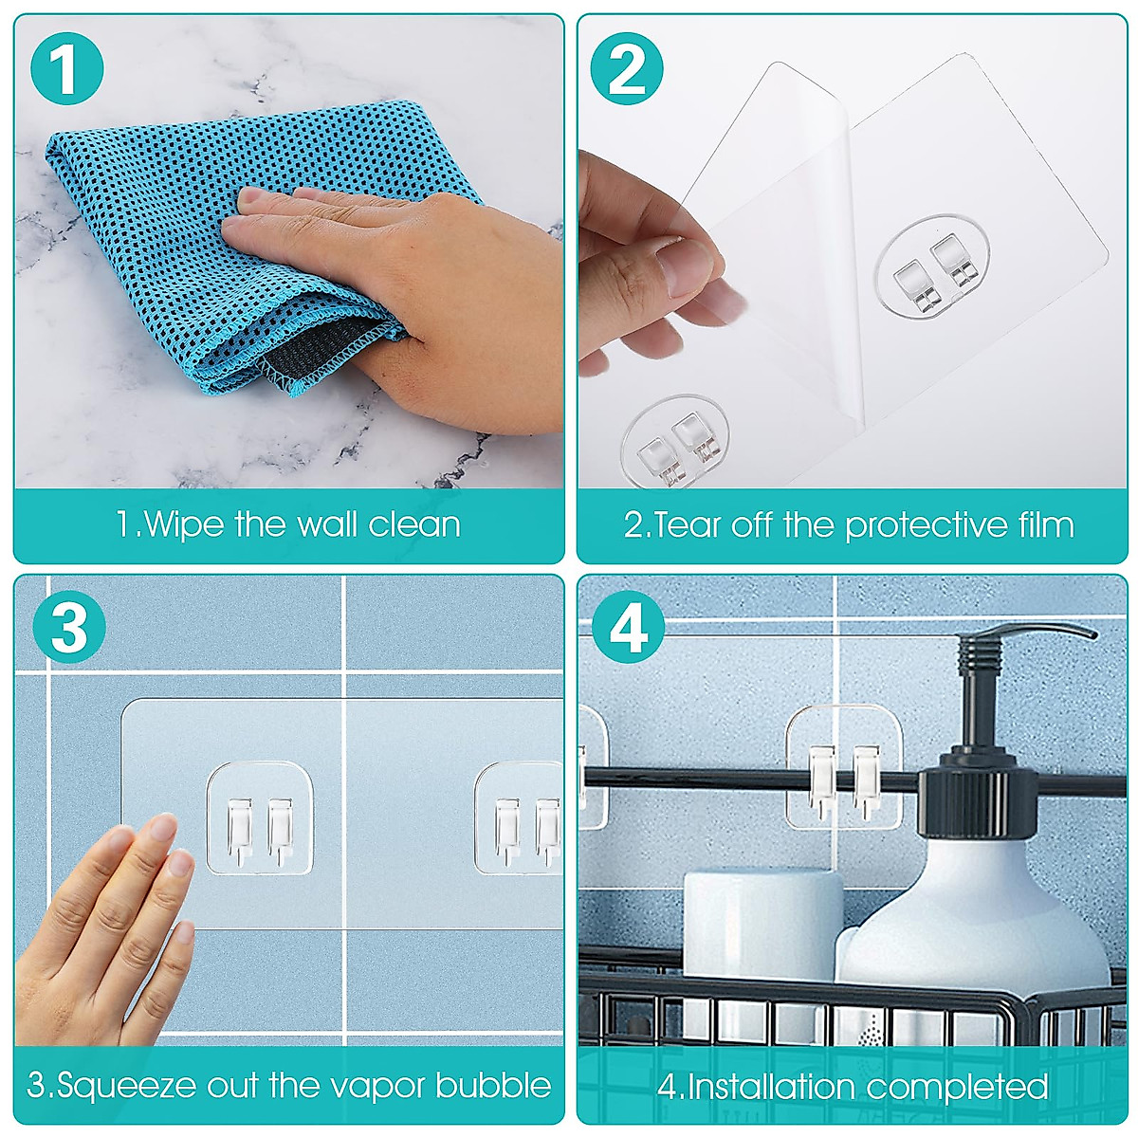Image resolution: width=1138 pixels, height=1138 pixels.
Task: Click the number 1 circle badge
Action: coord(65,67)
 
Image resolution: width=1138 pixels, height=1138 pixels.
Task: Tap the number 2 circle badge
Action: coord(627,67)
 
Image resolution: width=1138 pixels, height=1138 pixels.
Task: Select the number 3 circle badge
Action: coord(68,627)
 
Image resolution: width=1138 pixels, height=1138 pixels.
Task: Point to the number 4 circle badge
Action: coord(627,627)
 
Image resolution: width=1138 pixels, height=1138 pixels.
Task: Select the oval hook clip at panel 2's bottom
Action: coord(675,446)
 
